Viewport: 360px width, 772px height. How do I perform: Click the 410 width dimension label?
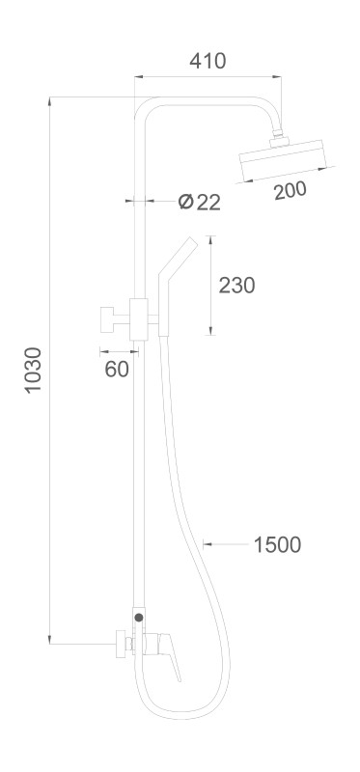tap(208, 61)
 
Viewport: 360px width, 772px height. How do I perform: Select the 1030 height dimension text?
tap(34, 370)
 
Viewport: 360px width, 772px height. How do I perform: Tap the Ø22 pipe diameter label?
tap(199, 202)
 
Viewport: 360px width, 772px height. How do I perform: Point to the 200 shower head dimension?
tap(291, 190)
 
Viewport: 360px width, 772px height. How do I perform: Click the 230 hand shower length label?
tap(236, 285)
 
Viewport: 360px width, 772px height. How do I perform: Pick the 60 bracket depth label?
tap(117, 369)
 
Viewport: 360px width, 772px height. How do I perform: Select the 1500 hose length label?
tap(277, 545)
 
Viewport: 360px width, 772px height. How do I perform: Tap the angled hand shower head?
tap(178, 287)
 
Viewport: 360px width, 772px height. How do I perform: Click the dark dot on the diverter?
tap(139, 617)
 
